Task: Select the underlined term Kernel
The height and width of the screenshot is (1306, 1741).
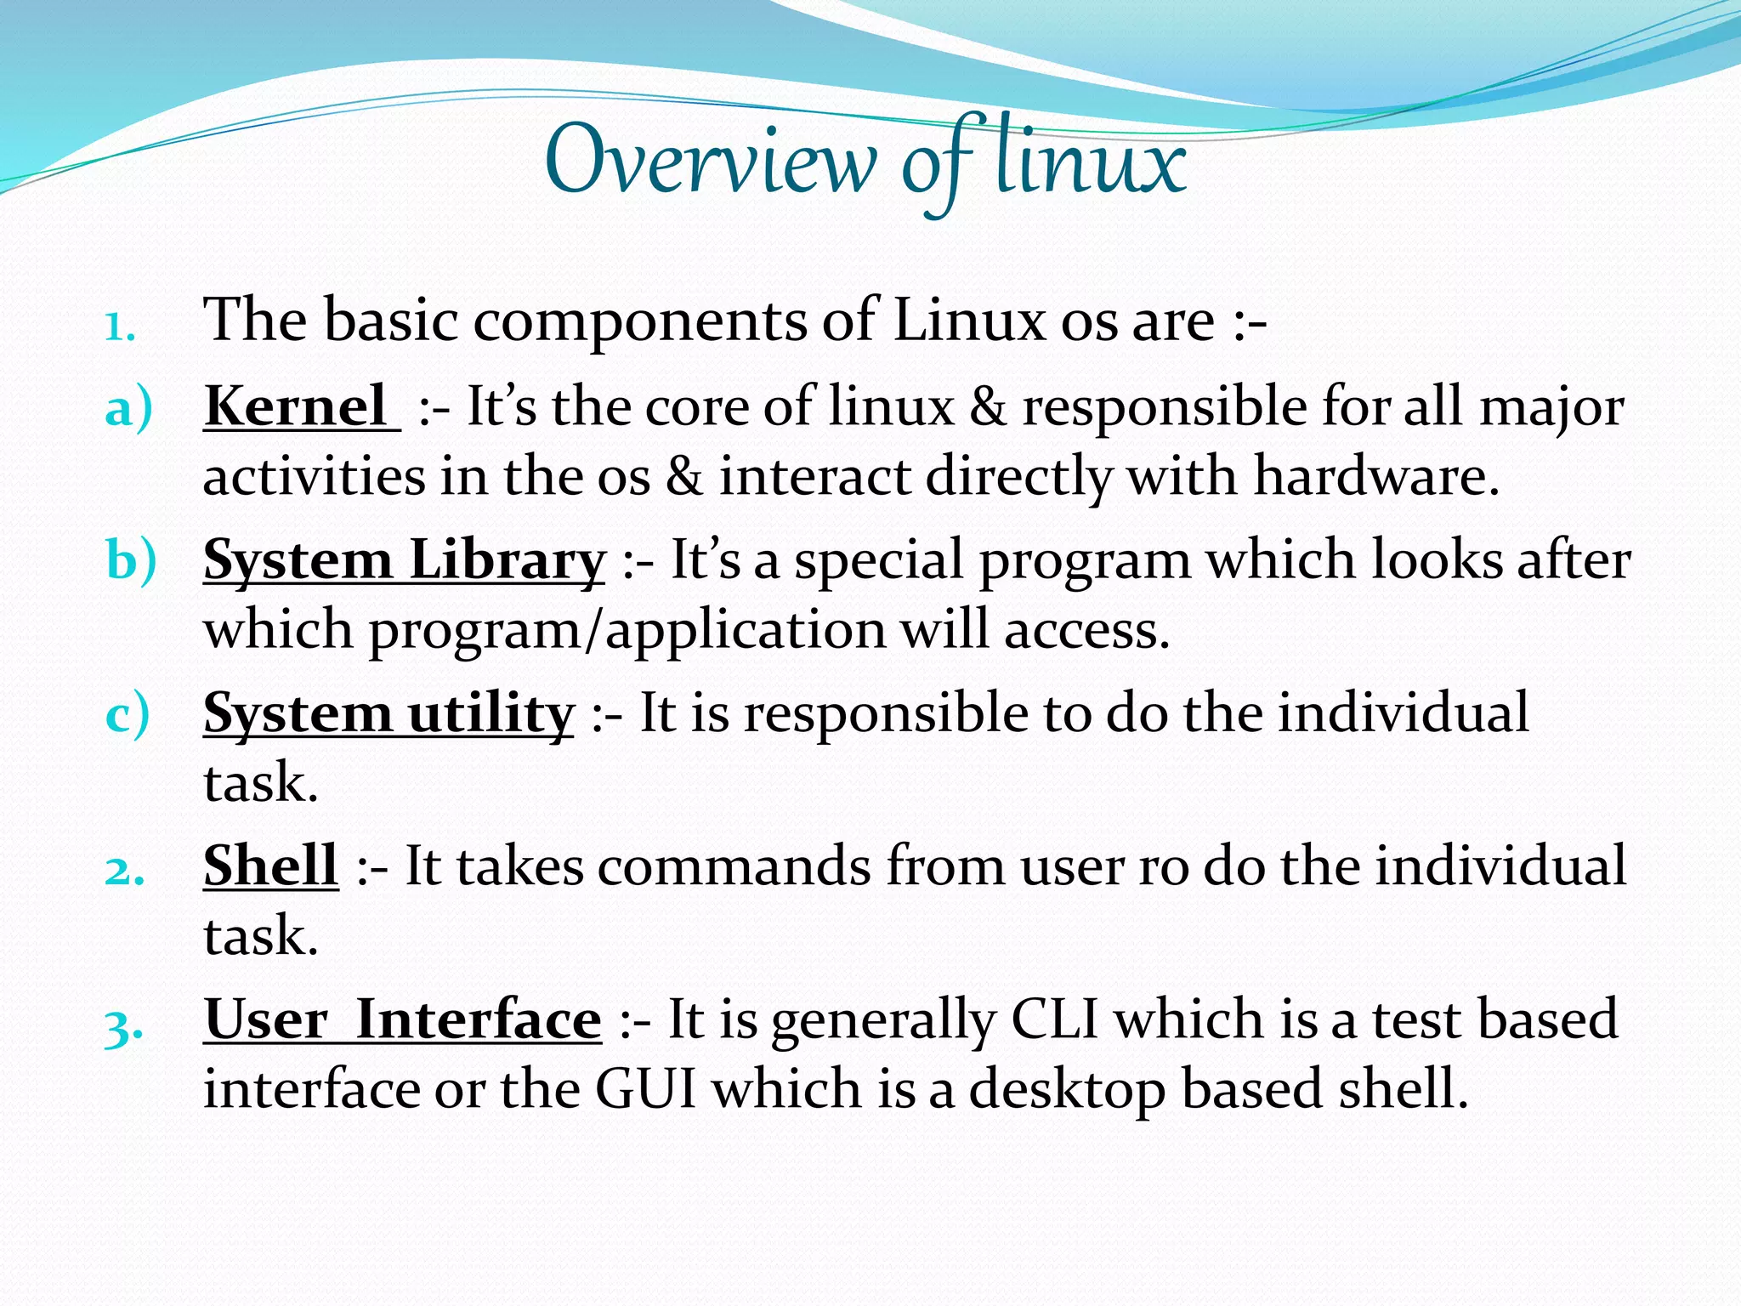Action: tap(297, 406)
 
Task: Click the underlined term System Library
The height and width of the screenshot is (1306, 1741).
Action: tap(404, 561)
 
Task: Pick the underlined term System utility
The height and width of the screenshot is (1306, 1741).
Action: tap(388, 713)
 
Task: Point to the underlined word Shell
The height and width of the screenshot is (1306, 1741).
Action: tap(270, 866)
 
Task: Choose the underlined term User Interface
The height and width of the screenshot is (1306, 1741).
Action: tap(402, 1019)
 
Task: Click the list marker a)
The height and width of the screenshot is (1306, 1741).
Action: tap(128, 408)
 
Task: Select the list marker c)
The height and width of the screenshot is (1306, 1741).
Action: tap(128, 714)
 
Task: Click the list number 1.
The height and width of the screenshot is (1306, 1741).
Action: tap(120, 326)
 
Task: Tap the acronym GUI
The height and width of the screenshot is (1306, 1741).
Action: tap(646, 1089)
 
